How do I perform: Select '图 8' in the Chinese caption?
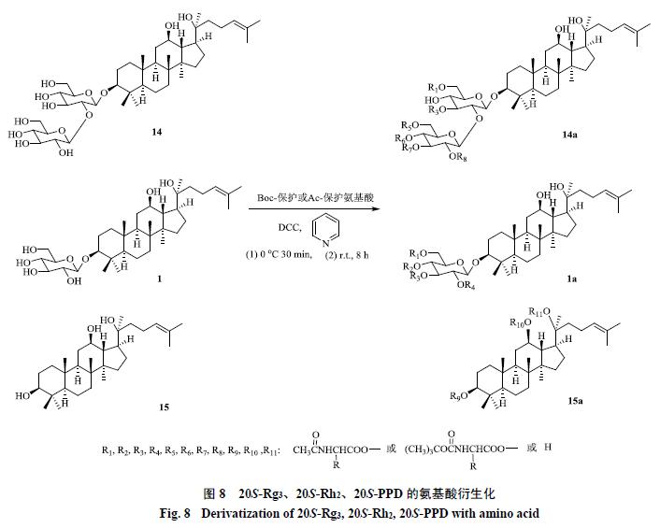(215, 493)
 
